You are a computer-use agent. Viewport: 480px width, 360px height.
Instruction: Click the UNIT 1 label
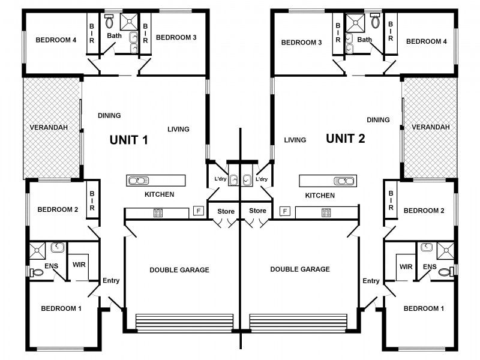tap(128, 140)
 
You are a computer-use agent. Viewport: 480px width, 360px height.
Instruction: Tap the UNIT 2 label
tap(345, 139)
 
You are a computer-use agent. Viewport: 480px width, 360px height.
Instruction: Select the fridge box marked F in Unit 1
tap(198, 211)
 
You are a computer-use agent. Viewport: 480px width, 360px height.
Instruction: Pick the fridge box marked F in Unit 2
tap(285, 211)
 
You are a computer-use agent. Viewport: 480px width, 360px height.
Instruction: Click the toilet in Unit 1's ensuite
tap(37, 272)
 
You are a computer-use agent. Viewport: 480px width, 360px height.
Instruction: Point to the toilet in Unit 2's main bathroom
tap(376, 22)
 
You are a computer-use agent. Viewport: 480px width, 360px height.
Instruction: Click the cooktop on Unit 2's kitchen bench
tap(326, 212)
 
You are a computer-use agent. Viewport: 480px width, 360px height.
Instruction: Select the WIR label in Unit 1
tap(78, 265)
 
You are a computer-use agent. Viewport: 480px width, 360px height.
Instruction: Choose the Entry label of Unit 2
tap(371, 281)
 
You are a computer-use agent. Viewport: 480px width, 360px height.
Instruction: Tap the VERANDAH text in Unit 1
tap(49, 128)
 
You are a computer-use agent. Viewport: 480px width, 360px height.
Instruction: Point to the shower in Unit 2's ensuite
tap(445, 250)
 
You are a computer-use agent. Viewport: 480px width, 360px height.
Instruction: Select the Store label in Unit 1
tap(226, 211)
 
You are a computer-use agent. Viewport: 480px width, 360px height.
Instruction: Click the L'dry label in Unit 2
tap(262, 179)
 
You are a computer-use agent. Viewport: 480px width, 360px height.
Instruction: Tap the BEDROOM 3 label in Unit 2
tap(302, 42)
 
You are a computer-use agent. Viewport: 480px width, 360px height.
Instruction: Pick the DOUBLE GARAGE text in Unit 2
tap(300, 269)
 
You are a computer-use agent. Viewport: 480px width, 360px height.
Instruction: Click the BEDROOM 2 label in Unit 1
tap(58, 209)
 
